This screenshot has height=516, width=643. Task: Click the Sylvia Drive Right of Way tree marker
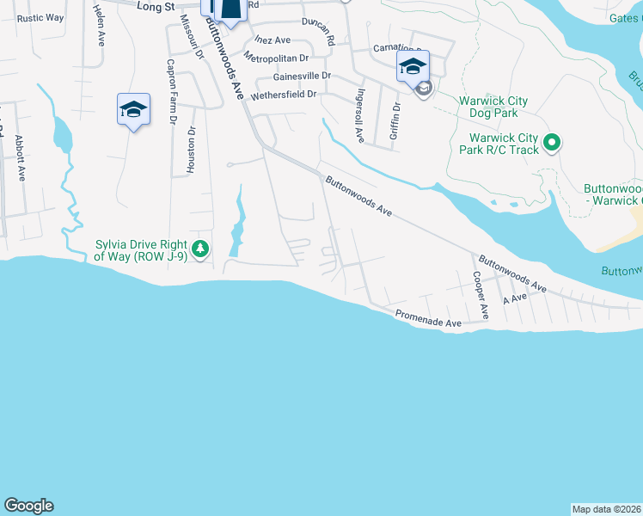tap(200, 249)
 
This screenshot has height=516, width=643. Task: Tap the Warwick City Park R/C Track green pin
tap(553, 143)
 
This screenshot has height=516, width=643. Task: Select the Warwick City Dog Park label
tap(493, 107)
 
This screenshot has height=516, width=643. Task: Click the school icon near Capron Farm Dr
tap(133, 109)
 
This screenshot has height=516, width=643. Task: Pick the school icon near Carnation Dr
tap(413, 66)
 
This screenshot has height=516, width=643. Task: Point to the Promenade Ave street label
tap(429, 318)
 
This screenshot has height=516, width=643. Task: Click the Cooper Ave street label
tap(480, 296)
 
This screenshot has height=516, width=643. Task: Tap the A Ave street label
tap(514, 299)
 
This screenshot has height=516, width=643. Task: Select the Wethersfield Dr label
tap(284, 95)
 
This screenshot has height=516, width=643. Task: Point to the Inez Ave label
tap(273, 40)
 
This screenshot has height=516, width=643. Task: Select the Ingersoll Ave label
tap(362, 115)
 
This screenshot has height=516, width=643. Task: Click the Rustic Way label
tap(40, 17)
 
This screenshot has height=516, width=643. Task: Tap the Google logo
tap(28, 506)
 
